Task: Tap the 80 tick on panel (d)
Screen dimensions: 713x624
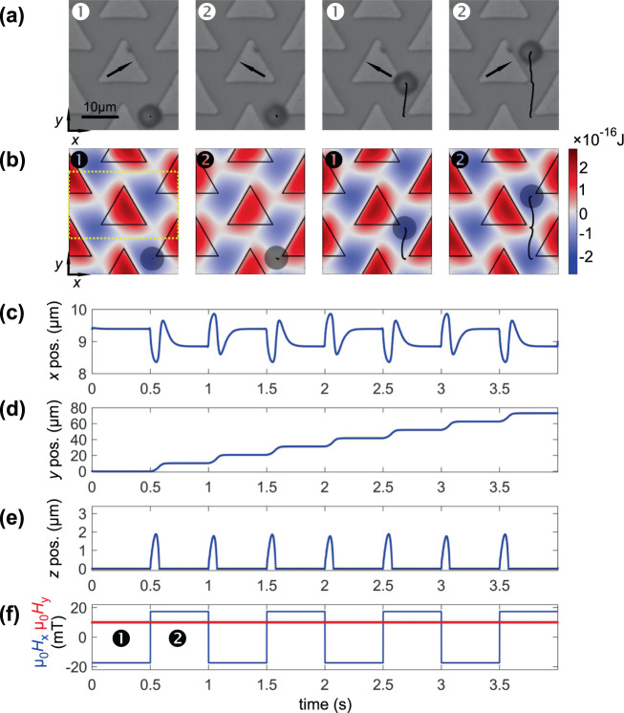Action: (75, 410)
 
